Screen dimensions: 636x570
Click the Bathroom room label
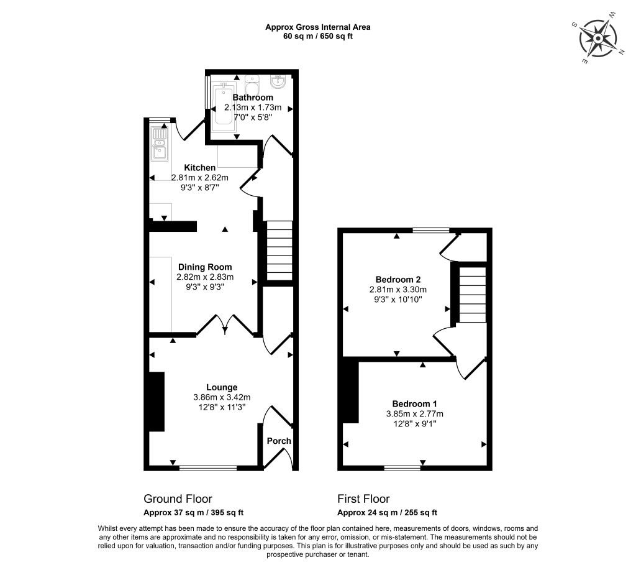tap(253, 98)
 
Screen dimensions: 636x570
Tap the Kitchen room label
tap(199, 168)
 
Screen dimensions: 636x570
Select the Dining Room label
tap(205, 267)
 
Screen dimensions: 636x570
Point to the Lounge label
tap(222, 387)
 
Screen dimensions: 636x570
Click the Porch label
tap(279, 441)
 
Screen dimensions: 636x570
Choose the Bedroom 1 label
tap(414, 404)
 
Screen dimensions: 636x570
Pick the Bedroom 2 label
tap(398, 279)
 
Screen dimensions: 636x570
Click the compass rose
tap(598, 39)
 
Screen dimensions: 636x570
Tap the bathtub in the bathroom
tap(224, 104)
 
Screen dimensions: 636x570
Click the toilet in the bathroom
tap(252, 84)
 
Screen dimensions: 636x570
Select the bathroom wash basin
tap(279, 81)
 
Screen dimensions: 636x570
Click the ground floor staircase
tap(279, 251)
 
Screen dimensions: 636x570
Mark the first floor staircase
tap(473, 295)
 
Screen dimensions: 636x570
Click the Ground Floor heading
tap(178, 499)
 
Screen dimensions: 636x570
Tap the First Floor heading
tap(363, 499)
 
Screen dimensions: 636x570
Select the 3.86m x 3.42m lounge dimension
tap(222, 397)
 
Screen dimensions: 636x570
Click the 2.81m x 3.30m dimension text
tap(398, 290)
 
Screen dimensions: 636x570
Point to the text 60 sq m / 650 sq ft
tap(318, 36)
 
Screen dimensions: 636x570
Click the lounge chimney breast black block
tap(156, 402)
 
